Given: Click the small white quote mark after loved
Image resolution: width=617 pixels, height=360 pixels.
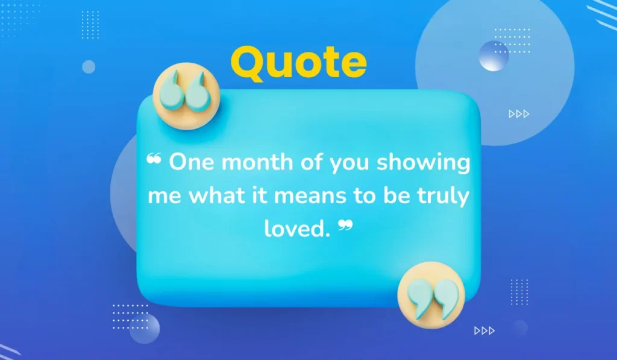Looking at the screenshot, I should pos(345,226).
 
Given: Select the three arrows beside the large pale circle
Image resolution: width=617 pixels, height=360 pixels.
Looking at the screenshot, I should pos(519,113).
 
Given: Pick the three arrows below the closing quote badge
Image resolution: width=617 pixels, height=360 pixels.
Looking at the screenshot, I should pos(484,330).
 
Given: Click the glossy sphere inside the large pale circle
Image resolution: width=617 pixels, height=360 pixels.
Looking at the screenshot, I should pos(493,57).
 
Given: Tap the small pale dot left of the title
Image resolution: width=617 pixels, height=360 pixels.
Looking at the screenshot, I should pos(89,67).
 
